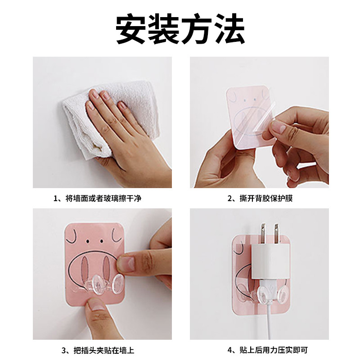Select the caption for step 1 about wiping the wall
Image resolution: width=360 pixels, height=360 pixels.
98,198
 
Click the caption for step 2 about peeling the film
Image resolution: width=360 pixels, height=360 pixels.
260,198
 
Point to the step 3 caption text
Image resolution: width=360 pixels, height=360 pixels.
98,351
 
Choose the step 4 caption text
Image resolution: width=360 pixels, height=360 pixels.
267,350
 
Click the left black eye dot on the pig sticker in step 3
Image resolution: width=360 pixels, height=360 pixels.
87,241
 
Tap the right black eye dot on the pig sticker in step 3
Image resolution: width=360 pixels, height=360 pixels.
101,241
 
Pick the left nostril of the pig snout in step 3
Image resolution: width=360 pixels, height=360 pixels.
85,267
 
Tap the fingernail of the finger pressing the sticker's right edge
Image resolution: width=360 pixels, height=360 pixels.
127,263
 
